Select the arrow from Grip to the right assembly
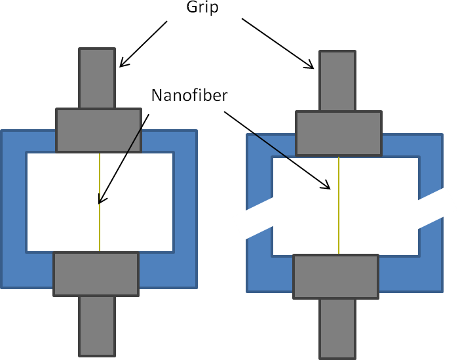278,43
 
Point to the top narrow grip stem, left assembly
97,78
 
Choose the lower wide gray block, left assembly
96,273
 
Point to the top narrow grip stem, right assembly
337,81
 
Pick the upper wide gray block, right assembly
338,133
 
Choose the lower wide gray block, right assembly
335,276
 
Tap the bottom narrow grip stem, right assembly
337,327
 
